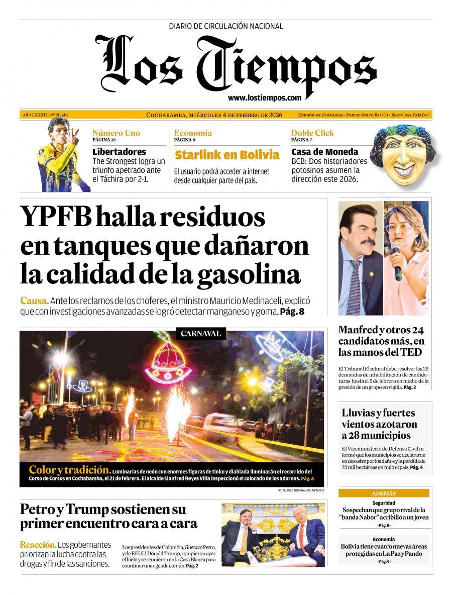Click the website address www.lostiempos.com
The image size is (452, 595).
coord(264,98)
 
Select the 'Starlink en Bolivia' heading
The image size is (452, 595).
coord(227,154)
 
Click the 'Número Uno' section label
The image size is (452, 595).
coord(116,133)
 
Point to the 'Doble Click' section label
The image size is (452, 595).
coord(312,133)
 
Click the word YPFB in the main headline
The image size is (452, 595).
coord(55,218)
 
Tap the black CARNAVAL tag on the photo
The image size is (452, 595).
coord(200,333)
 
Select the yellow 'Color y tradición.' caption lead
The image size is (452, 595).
coord(69,470)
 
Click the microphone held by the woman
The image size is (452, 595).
coord(398,268)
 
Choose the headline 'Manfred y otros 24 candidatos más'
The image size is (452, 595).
coord(382,341)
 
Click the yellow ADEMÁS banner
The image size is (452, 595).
coord(384,493)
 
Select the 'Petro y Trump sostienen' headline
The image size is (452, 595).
coord(109,516)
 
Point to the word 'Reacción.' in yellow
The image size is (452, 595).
coord(38,545)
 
